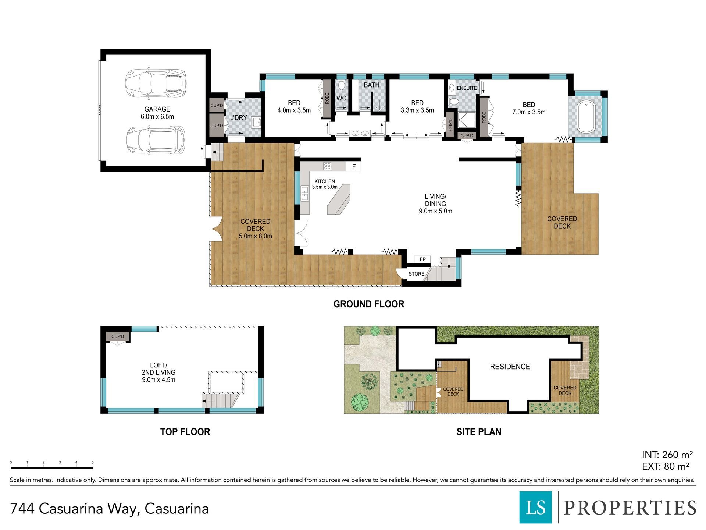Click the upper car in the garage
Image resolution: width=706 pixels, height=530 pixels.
click(156, 82)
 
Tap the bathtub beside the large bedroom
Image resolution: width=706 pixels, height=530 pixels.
click(586, 117)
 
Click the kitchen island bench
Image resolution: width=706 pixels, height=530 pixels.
click(339, 199)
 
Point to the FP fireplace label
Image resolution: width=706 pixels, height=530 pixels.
click(423, 259)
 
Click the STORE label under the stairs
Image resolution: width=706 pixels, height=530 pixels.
click(416, 274)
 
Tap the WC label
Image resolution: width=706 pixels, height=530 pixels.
click(341, 98)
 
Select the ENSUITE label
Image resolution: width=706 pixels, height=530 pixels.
click(467, 88)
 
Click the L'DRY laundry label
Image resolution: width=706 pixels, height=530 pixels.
click(239, 118)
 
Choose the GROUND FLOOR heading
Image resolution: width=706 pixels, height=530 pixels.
click(369, 304)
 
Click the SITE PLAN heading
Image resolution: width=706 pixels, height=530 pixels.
click(479, 432)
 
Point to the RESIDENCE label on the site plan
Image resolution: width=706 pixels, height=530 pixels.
click(510, 367)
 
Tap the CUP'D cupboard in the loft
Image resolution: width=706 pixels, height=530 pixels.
click(118, 336)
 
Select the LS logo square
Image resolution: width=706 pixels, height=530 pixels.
click(536, 507)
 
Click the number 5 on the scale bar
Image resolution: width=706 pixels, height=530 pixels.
click(93, 462)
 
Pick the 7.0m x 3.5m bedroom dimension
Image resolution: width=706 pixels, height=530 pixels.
click(529, 112)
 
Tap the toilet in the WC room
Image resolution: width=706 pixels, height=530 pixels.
click(341, 86)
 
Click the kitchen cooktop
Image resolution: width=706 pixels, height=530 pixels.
click(327, 166)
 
